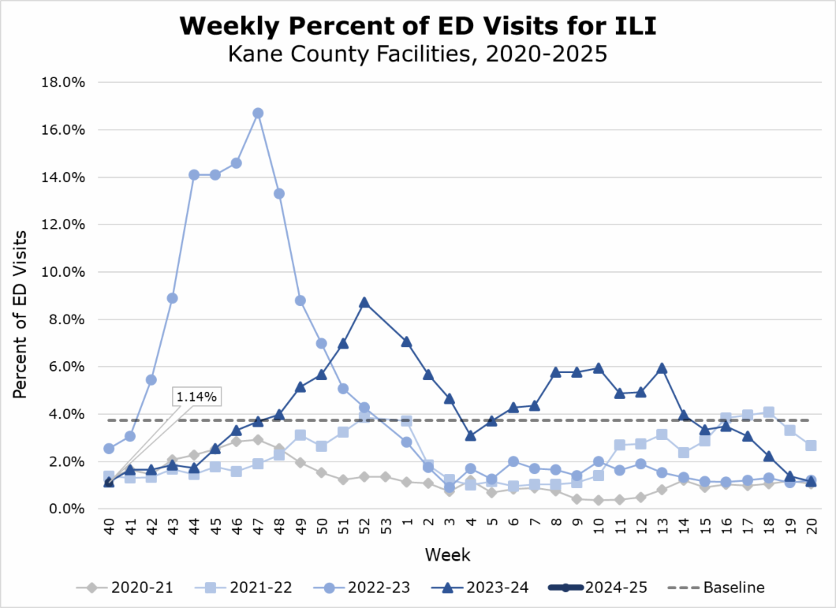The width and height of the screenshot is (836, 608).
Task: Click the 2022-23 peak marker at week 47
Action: (258, 113)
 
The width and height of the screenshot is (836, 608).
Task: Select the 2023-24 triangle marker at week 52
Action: (364, 303)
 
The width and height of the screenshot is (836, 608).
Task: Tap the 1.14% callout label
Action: (197, 397)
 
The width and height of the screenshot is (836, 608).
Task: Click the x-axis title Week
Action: (449, 556)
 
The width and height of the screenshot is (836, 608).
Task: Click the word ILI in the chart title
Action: (627, 26)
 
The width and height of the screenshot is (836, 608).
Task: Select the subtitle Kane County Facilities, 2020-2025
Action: (418, 54)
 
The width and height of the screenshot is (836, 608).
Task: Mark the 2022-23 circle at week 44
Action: (194, 175)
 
